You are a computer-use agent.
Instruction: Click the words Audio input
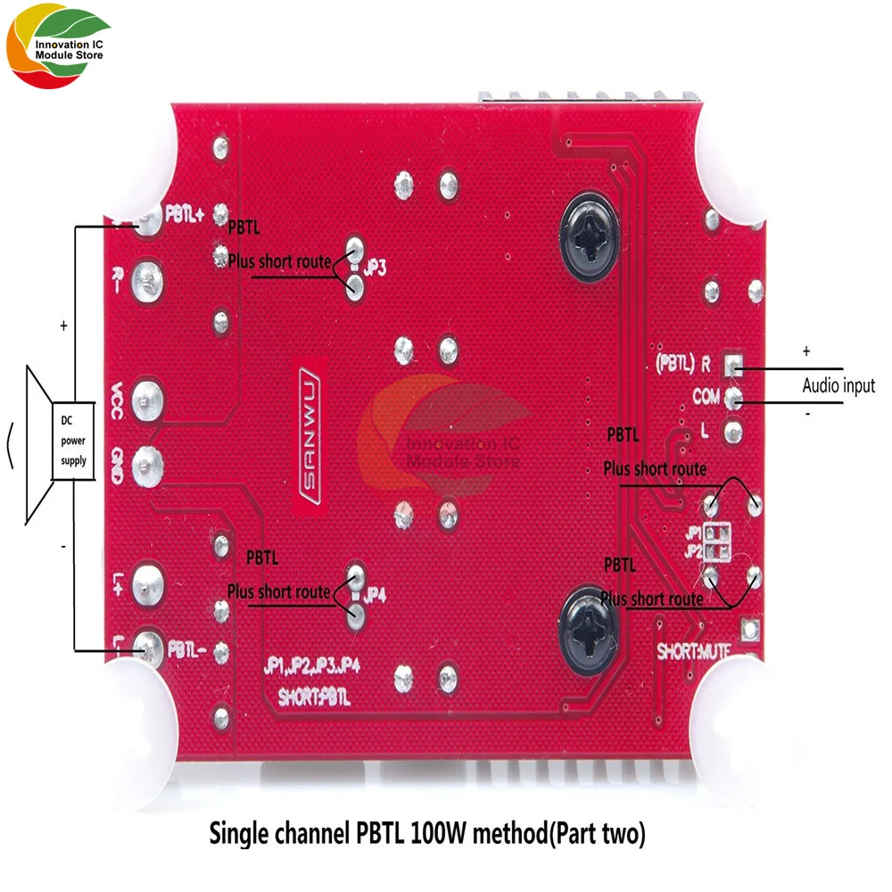[x=838, y=386]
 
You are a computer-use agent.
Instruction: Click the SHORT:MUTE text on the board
[x=695, y=650]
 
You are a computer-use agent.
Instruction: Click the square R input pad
[x=733, y=365]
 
